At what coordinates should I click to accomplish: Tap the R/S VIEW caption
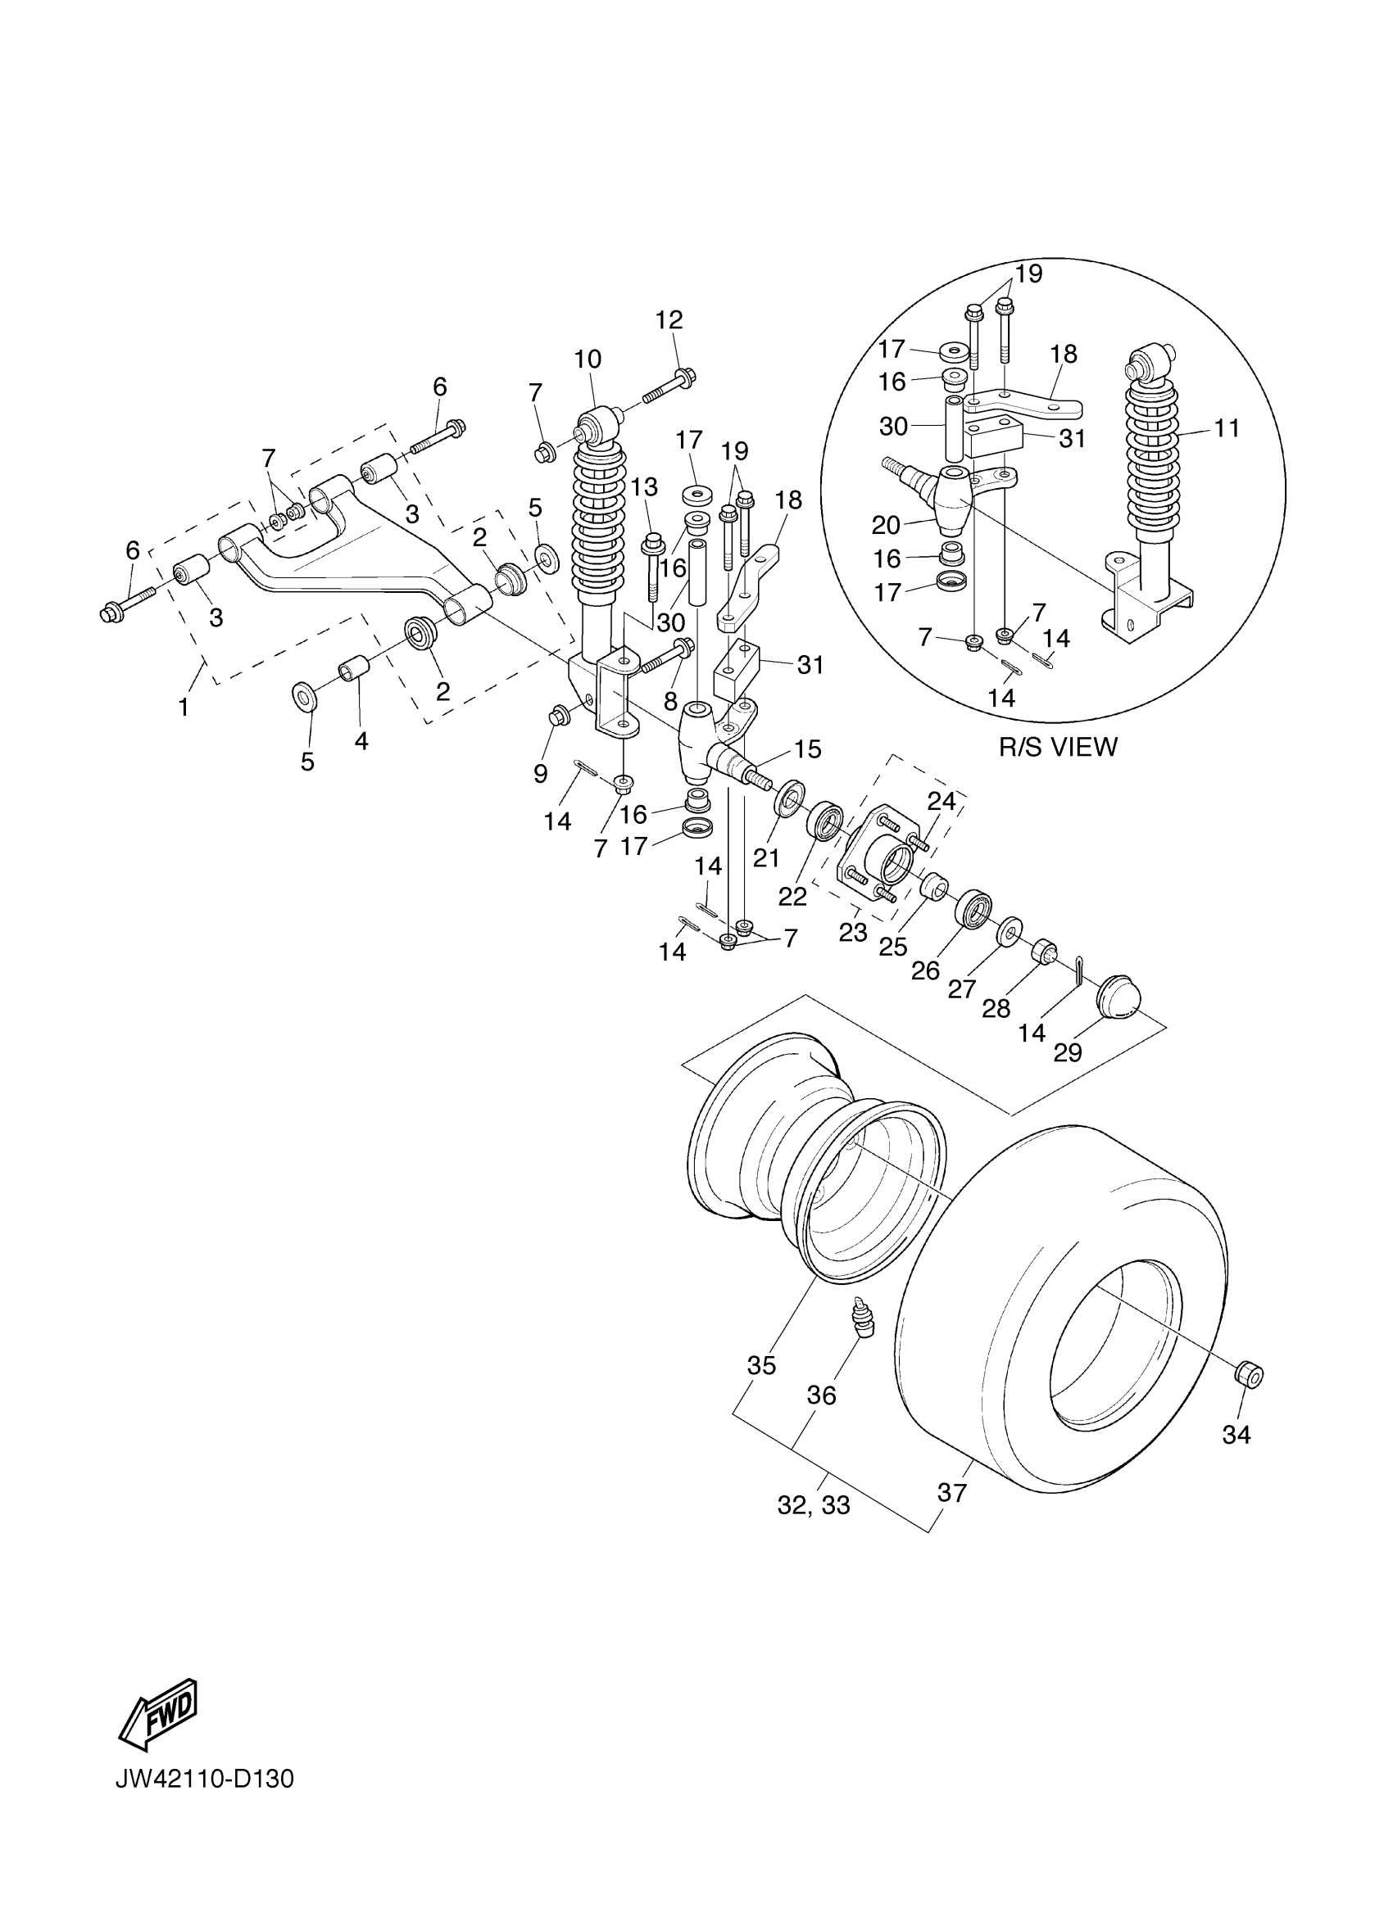pyautogui.click(x=1058, y=747)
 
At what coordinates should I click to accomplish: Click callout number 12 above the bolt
pyautogui.click(x=669, y=320)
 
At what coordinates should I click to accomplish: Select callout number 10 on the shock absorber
pyautogui.click(x=588, y=360)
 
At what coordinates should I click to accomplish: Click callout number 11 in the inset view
pyautogui.click(x=1226, y=429)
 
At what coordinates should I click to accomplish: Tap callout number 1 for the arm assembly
pyautogui.click(x=184, y=707)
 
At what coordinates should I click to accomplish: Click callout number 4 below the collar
pyautogui.click(x=361, y=740)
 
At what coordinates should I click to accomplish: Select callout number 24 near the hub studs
pyautogui.click(x=942, y=801)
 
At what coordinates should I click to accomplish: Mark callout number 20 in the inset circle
pyautogui.click(x=886, y=526)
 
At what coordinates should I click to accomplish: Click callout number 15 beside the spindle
pyautogui.click(x=808, y=749)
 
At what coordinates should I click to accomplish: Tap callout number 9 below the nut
pyautogui.click(x=540, y=773)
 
